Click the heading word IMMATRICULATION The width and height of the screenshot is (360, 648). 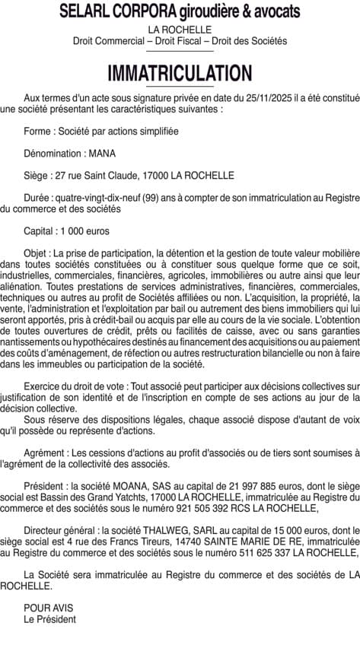coord(180,73)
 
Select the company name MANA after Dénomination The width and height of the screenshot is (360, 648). coord(102,153)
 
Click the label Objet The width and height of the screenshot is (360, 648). coord(36,252)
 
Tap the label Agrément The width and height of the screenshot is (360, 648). coord(45,453)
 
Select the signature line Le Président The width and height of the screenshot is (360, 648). coord(50,619)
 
